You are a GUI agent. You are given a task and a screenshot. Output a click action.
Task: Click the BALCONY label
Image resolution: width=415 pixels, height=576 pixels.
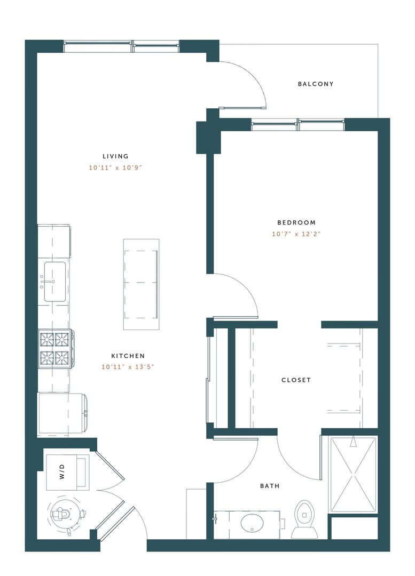click(x=316, y=84)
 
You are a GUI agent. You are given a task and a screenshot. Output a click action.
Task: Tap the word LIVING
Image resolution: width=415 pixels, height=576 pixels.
click(x=116, y=156)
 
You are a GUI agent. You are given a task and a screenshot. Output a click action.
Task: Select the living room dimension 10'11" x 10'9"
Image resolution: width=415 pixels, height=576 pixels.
click(x=116, y=167)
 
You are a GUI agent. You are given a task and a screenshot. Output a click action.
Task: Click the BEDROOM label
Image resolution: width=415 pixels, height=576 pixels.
click(x=296, y=222)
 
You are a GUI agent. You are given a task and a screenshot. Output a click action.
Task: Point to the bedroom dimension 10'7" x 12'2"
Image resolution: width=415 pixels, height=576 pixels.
click(x=296, y=234)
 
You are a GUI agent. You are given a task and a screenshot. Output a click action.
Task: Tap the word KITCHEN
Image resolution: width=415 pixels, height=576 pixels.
click(x=128, y=356)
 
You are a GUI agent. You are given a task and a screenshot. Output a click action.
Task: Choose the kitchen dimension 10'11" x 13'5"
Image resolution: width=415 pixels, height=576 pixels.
click(x=128, y=367)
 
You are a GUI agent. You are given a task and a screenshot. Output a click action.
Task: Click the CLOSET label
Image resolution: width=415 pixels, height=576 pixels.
click(x=296, y=380)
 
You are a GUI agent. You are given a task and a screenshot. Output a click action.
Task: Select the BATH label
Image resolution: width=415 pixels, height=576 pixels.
click(x=270, y=486)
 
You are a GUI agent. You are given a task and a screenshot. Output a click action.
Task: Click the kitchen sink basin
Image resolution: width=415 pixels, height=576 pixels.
click(x=54, y=281)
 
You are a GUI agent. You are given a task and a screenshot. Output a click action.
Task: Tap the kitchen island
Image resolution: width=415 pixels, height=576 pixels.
click(x=141, y=284)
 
